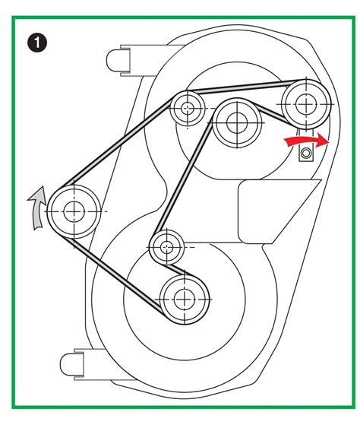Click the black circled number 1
coord(37,43)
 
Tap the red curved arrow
coord(307,140)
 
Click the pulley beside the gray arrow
coord(74,211)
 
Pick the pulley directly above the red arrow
coord(306,104)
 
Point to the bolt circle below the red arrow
coord(306,153)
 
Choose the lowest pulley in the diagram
coord(185,300)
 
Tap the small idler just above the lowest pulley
coord(166,247)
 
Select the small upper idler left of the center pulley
coord(188,109)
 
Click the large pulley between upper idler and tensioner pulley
coord(237,123)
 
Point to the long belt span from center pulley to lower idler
coord(183,178)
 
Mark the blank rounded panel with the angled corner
coord(276,211)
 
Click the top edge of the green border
coord(183,17)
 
